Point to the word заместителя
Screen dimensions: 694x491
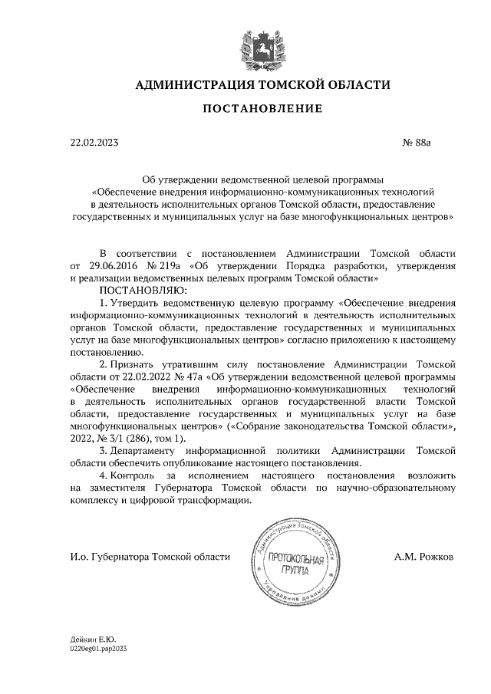point(117,488)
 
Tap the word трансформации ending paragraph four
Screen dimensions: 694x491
point(213,500)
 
